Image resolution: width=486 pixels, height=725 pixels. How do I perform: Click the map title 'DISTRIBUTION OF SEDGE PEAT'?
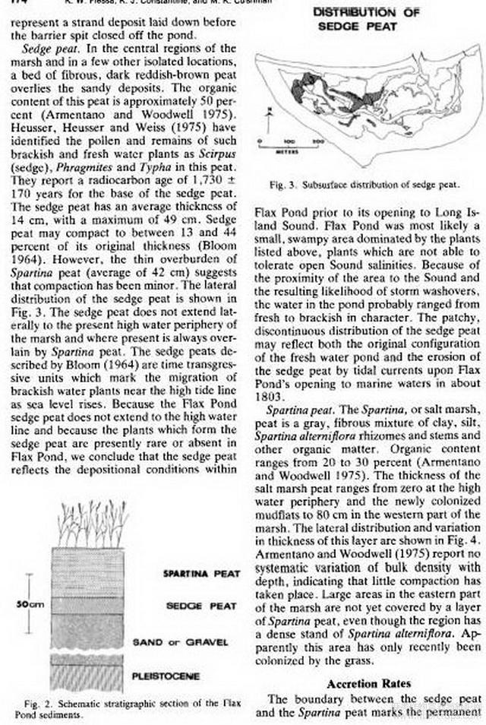click(x=355, y=19)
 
